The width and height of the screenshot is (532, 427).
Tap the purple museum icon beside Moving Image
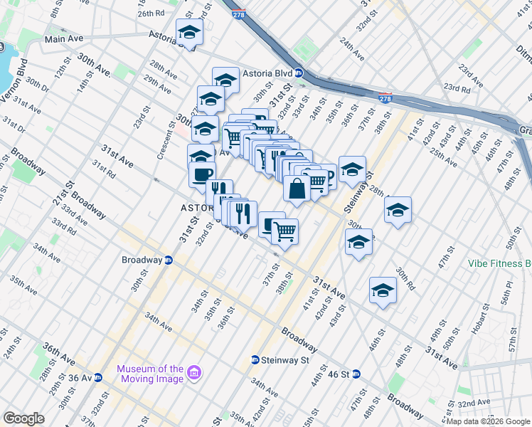click(x=193, y=373)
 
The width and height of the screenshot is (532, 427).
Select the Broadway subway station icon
click(x=169, y=260)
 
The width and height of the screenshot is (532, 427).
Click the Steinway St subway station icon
click(x=255, y=360)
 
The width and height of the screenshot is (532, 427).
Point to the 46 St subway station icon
click(x=357, y=374)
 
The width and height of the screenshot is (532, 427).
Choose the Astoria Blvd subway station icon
click(x=299, y=73)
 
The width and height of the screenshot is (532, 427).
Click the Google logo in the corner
click(x=23, y=418)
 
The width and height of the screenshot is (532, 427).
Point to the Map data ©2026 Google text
click(x=488, y=421)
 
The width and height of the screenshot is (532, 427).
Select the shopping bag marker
click(x=297, y=189)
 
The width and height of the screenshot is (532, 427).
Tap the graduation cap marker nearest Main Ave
click(x=189, y=33)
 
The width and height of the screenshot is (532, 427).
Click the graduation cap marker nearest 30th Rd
click(x=383, y=291)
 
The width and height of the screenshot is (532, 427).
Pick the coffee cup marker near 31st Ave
click(x=201, y=174)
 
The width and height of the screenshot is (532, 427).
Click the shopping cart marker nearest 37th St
click(x=284, y=231)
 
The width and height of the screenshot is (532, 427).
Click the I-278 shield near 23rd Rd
click(x=385, y=97)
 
